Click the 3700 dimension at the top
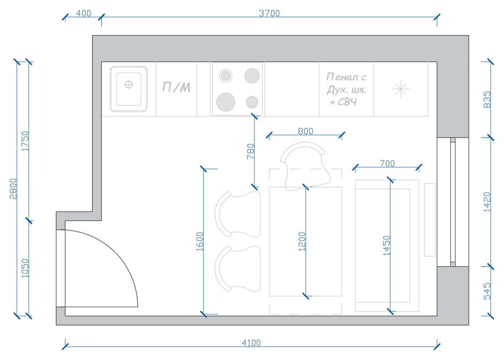click(x=269, y=13)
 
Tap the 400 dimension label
click(x=83, y=13)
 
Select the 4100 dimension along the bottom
click(x=251, y=343)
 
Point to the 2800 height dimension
click(x=14, y=188)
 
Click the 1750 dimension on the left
click(x=25, y=141)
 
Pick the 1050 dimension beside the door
click(x=25, y=268)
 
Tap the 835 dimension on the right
click(x=487, y=100)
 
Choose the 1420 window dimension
click(x=487, y=202)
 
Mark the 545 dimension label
click(x=487, y=291)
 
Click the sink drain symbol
click(x=128, y=84)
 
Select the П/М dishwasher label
click(x=176, y=87)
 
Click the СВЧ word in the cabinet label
click(x=347, y=102)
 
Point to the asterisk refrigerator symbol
click(x=400, y=89)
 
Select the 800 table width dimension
click(x=305, y=131)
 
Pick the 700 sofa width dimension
click(x=387, y=163)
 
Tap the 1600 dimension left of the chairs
click(x=200, y=241)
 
